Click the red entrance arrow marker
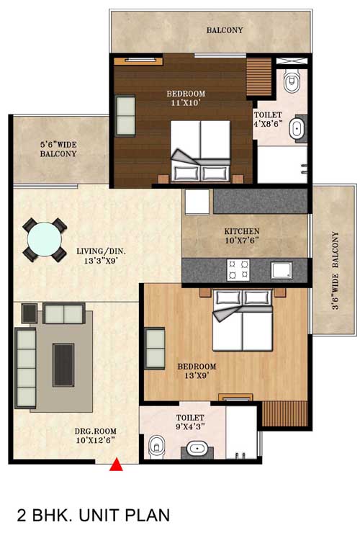pyautogui.click(x=116, y=465)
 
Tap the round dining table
pyautogui.click(x=44, y=239)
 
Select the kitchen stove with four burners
pyautogui.click(x=238, y=269)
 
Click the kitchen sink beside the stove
pyautogui.click(x=282, y=270)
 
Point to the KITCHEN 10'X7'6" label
pyautogui.click(x=242, y=236)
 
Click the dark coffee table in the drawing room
pyautogui.click(x=63, y=364)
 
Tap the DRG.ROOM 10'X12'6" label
pyautogui.click(x=95, y=436)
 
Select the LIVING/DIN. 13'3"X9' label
pyautogui.click(x=101, y=256)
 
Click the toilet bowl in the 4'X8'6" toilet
pyautogui.click(x=292, y=81)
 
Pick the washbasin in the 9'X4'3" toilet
pyautogui.click(x=197, y=449)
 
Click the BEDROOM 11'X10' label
pyautogui.click(x=186, y=98)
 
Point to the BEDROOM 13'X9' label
pyautogui.click(x=197, y=371)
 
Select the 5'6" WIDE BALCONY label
pyautogui.click(x=58, y=149)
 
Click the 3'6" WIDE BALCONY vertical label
pyautogui.click(x=336, y=271)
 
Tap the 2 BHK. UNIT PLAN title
pyautogui.click(x=94, y=515)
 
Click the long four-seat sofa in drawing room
pyautogui.click(x=25, y=368)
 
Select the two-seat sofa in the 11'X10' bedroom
pyautogui.click(x=125, y=116)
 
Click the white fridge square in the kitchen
pyautogui.click(x=197, y=202)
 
